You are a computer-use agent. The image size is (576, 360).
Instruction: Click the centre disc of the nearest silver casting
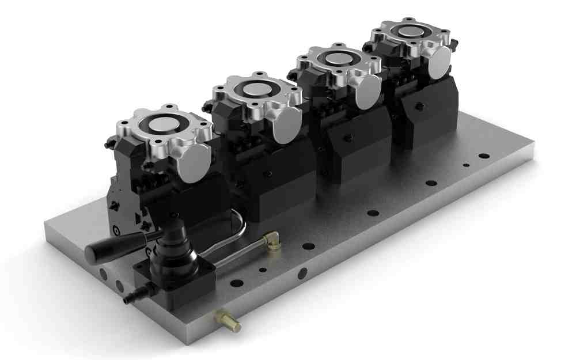(163, 127)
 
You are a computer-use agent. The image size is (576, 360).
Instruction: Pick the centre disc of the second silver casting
(254, 89)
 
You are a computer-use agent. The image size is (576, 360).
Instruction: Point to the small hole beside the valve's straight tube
(263, 269)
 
